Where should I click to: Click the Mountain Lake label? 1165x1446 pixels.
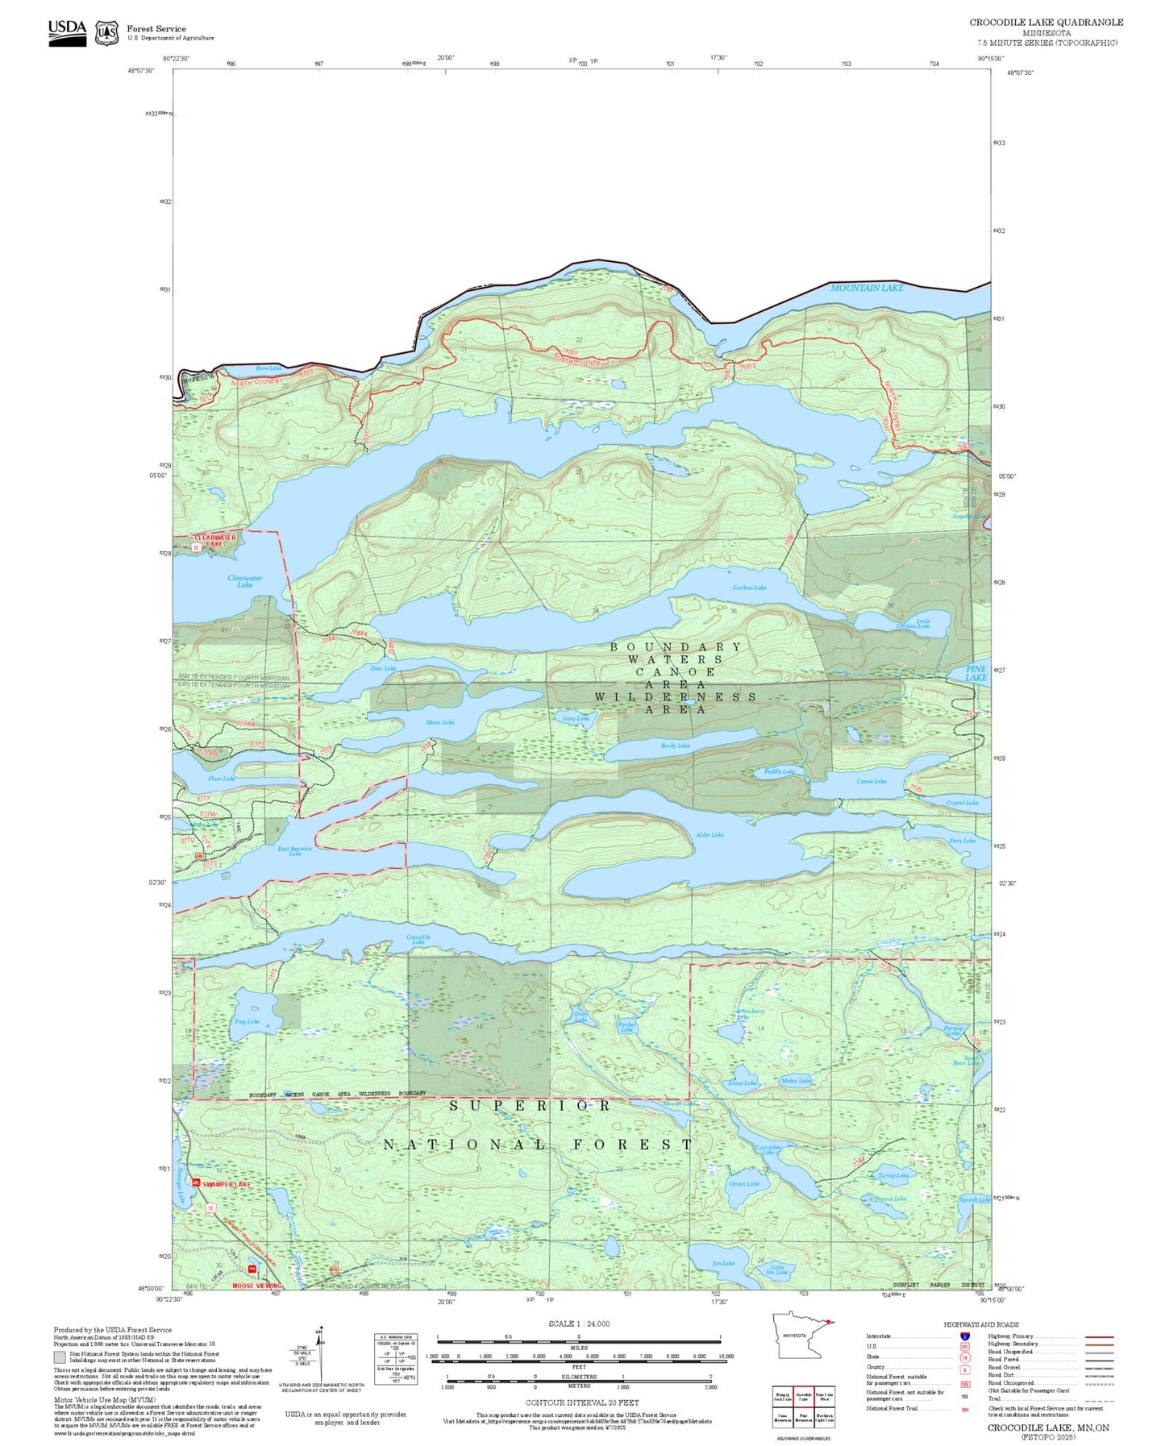867,288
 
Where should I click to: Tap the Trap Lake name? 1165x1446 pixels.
246,1021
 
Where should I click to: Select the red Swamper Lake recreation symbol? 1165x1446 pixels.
196,1182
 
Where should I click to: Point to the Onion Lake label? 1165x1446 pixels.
743,1184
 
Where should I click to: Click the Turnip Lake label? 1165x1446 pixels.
893,1175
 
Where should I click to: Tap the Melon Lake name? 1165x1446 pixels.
796,1081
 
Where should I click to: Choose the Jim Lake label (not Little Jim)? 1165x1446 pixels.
723,1263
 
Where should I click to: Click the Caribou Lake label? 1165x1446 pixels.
749,588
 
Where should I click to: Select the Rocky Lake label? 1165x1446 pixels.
675,746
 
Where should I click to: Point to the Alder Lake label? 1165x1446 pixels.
709,835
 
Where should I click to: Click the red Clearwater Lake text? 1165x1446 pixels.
215,541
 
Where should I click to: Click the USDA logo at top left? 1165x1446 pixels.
67,32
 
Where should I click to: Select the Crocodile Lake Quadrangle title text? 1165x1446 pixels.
1046,23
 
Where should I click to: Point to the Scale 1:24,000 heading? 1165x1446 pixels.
579,1323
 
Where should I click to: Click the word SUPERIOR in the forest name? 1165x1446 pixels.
530,1106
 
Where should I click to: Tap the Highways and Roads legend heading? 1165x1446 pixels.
980,1324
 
